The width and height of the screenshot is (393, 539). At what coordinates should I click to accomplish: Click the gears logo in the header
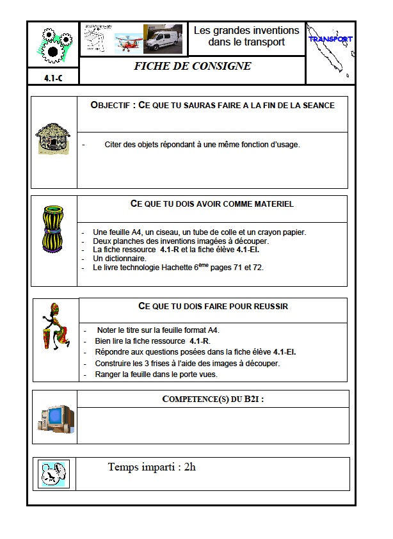point(52,44)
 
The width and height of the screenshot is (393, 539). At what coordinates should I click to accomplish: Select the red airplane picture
point(128,43)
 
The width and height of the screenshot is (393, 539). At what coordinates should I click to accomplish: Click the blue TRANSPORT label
point(330,39)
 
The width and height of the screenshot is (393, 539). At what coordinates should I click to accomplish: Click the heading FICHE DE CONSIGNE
point(192,67)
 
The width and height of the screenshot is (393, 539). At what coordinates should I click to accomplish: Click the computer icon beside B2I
point(55,417)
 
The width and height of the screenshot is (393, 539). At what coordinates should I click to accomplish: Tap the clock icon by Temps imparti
point(54,474)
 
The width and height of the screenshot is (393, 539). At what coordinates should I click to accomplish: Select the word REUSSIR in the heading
point(268,307)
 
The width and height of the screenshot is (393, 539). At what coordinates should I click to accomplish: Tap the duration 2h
point(189,467)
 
